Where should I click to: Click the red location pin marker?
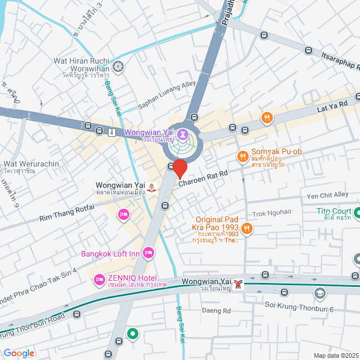pyautogui.click(x=179, y=168)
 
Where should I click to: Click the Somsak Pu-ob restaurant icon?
pyautogui.click(x=243, y=156)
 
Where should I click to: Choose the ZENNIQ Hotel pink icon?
pyautogui.click(x=100, y=279)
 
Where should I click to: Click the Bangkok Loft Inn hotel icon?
pyautogui.click(x=148, y=254)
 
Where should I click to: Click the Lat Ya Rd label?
pyautogui.click(x=333, y=105)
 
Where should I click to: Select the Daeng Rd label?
pyautogui.click(x=217, y=310)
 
